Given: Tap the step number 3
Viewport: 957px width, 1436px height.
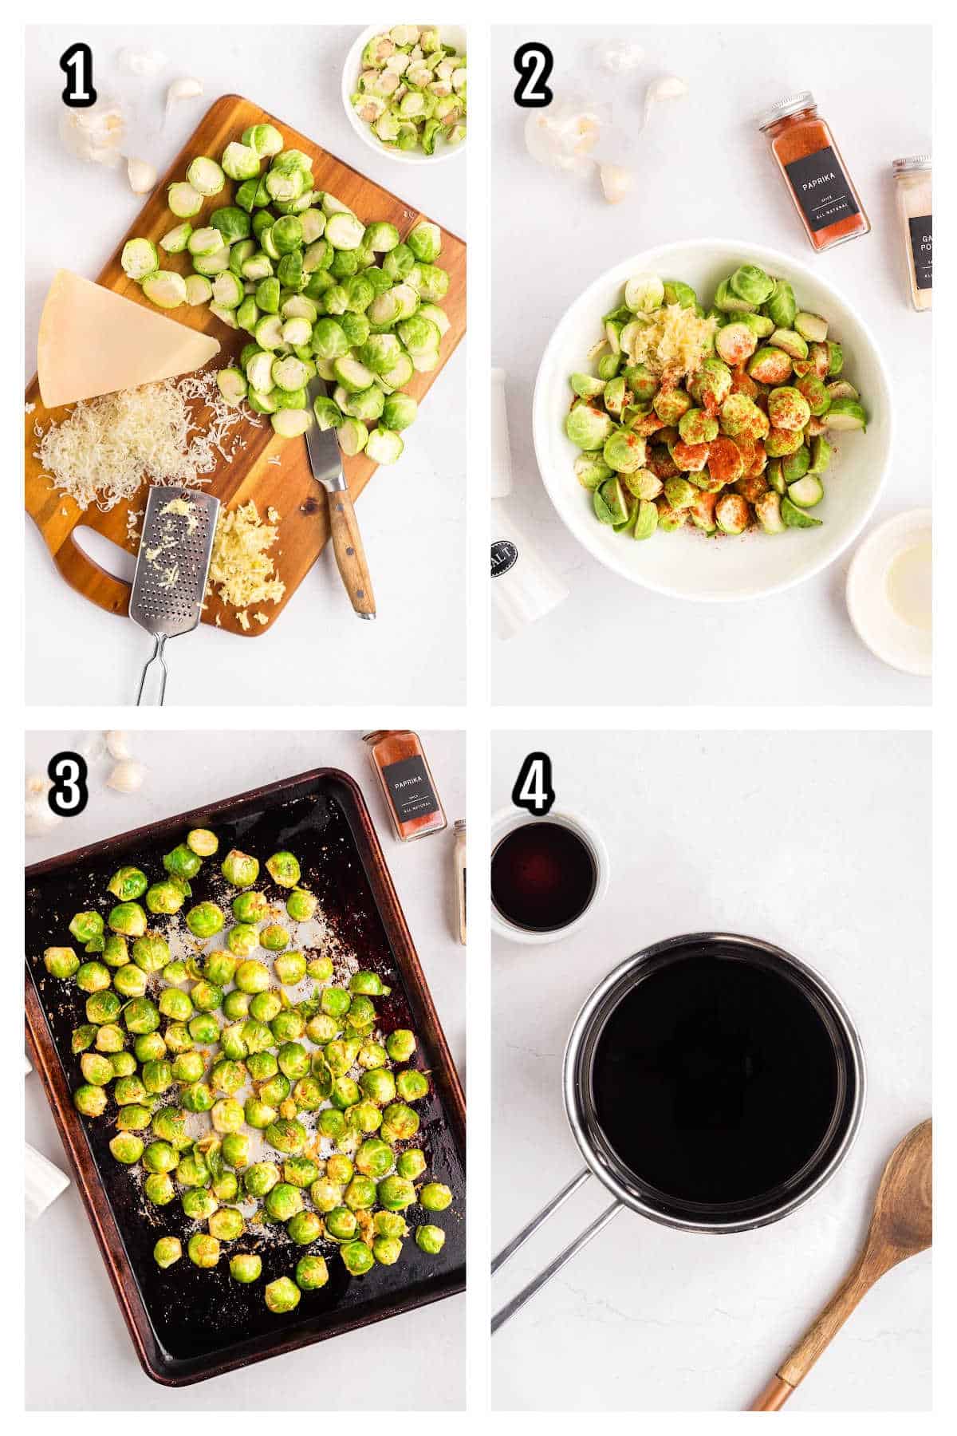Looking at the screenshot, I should pyautogui.click(x=67, y=785).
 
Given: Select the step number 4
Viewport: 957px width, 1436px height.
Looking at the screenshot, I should pyautogui.click(x=534, y=785).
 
